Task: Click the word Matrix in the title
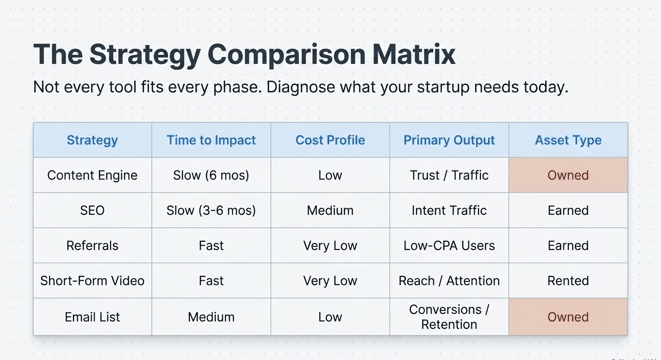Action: pyautogui.click(x=414, y=54)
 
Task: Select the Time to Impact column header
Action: pyautogui.click(x=211, y=140)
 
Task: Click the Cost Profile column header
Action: pyautogui.click(x=330, y=140)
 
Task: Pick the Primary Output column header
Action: pyautogui.click(x=449, y=140)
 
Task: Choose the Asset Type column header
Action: pyautogui.click(x=568, y=140)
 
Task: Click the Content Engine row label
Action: pyautogui.click(x=92, y=175)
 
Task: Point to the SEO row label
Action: pyautogui.click(x=92, y=210)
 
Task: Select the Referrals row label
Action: pyautogui.click(x=92, y=246)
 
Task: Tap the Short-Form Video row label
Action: pyautogui.click(x=92, y=281)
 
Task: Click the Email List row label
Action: pyautogui.click(x=92, y=317)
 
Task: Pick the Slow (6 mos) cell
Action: pyautogui.click(x=211, y=175)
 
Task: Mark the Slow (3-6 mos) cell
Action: pyautogui.click(x=211, y=210)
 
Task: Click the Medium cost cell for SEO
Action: pyautogui.click(x=330, y=210)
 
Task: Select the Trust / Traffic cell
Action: pyautogui.click(x=449, y=175)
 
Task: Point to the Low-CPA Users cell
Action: pyautogui.click(x=449, y=246)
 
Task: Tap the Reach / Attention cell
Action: pyautogui.click(x=449, y=281)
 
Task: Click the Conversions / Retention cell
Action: pyautogui.click(x=449, y=317)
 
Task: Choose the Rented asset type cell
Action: pyautogui.click(x=568, y=281)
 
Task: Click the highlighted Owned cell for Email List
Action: pyautogui.click(x=568, y=317)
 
